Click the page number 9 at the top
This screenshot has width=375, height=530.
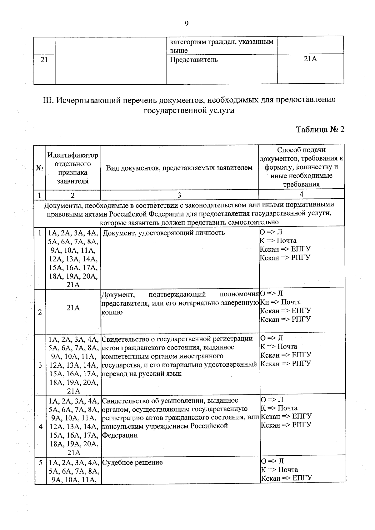pyautogui.click(x=187, y=24)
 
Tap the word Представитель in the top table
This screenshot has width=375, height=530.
pyautogui.click(x=194, y=60)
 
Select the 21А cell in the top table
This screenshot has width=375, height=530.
pyautogui.click(x=310, y=59)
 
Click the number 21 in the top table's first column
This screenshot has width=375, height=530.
pyautogui.click(x=44, y=60)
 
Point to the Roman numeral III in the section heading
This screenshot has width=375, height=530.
pyautogui.click(x=48, y=100)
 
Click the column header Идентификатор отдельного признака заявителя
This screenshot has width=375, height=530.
pyautogui.click(x=72, y=168)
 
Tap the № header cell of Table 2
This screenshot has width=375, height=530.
pyautogui.click(x=39, y=168)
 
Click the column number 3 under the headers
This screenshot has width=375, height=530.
pyautogui.click(x=179, y=195)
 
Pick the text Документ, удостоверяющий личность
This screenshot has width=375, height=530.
pyautogui.click(x=164, y=233)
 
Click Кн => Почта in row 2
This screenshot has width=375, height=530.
pyautogui.click(x=280, y=302)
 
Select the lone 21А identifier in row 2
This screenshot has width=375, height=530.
pyautogui.click(x=73, y=308)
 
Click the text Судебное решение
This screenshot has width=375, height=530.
pyautogui.click(x=132, y=463)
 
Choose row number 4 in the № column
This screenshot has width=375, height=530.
pyautogui.click(x=40, y=427)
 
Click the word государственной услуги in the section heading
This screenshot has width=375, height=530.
pyautogui.click(x=189, y=111)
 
